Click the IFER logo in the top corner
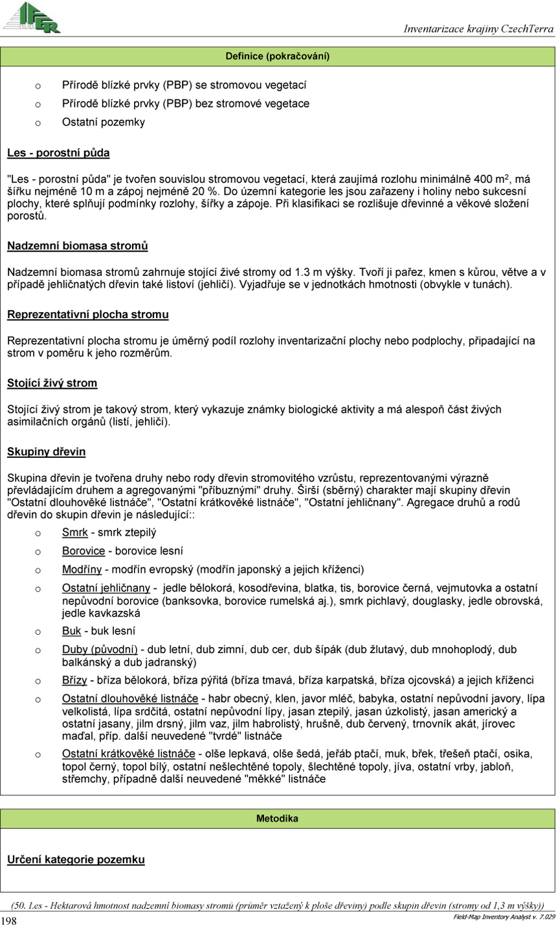[32, 17]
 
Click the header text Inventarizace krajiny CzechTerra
[478, 29]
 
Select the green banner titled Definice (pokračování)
[278, 56]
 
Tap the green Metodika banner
[278, 819]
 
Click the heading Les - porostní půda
[58, 154]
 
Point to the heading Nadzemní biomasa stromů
[77, 246]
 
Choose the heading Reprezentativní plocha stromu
[88, 315]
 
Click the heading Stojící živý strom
[52, 383]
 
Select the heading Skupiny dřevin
[47, 451]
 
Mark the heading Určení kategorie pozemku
[76, 860]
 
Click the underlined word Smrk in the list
[74, 532]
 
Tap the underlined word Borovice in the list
[83, 551]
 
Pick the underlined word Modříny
[82, 570]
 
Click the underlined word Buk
[71, 631]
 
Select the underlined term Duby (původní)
[100, 649]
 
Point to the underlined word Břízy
[75, 680]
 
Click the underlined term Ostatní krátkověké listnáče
[129, 754]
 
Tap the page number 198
[10, 920]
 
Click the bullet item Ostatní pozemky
[94, 122]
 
